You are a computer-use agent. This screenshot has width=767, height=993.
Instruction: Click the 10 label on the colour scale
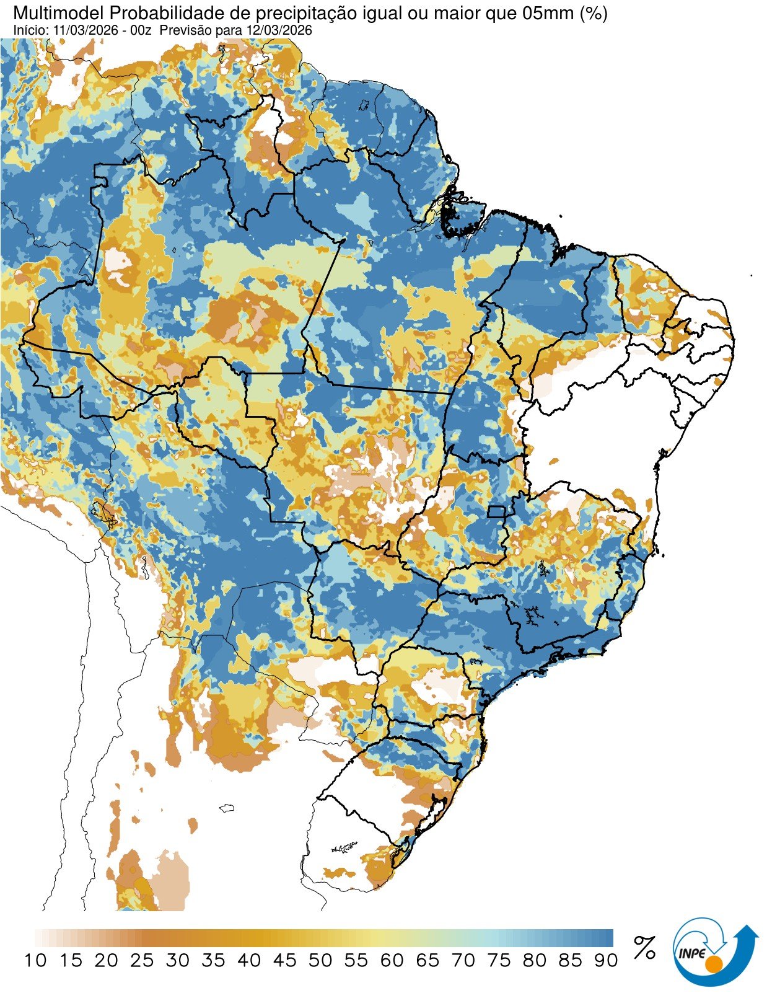35,961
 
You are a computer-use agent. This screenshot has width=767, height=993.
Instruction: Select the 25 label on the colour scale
142,961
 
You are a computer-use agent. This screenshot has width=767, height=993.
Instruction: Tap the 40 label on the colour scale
249,961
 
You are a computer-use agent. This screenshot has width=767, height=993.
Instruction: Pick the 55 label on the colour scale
356,961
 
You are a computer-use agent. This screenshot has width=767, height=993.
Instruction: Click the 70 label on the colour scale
463,961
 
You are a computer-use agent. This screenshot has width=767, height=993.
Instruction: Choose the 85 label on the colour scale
570,961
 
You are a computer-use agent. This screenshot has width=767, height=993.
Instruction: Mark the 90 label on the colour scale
606,961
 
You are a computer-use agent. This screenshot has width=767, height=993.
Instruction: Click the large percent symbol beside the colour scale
644,948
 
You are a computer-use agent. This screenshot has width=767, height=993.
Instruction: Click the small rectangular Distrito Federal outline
496,511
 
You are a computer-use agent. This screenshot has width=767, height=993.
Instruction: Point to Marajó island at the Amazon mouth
462,214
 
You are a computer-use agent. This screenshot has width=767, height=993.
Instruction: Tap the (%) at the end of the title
593,13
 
